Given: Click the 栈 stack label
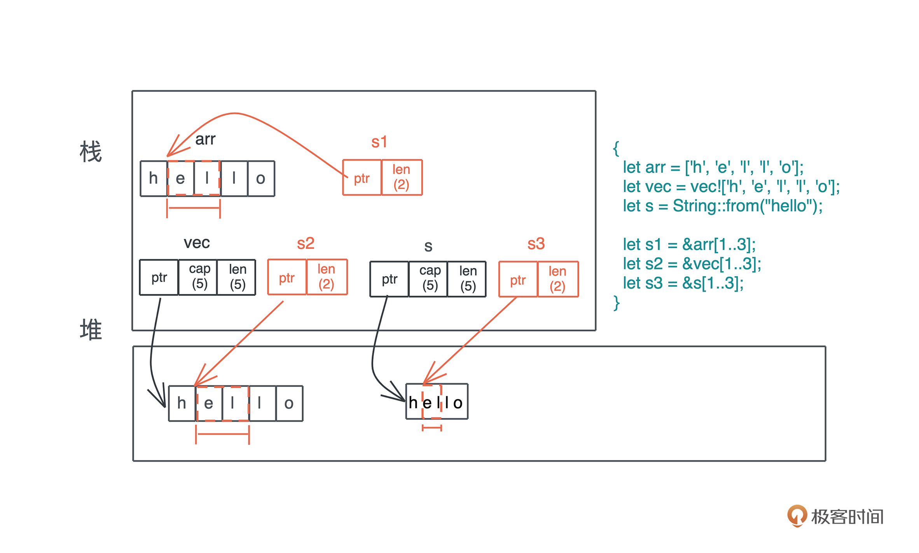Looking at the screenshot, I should (x=91, y=152).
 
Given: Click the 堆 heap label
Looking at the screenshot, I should (x=91, y=330).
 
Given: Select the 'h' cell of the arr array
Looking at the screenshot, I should (x=154, y=178).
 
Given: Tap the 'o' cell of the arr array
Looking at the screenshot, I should (x=261, y=178).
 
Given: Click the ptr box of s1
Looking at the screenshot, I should (x=362, y=178).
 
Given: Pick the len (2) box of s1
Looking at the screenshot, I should (x=402, y=177).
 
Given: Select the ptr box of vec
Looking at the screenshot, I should (x=159, y=277).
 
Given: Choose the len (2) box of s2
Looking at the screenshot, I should (x=327, y=277).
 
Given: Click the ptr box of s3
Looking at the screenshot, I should (x=518, y=280).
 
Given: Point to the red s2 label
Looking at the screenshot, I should (x=306, y=243).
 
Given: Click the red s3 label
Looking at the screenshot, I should (x=536, y=244).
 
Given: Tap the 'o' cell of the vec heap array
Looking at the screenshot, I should (x=289, y=403).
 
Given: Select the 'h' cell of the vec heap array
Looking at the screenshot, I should (x=182, y=403).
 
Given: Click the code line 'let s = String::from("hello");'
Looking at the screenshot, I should (x=723, y=206).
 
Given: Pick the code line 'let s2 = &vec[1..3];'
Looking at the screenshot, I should (x=692, y=264).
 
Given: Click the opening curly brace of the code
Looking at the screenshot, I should (x=616, y=149).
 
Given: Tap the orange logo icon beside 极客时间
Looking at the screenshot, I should (x=797, y=516).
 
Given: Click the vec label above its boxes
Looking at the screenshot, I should (x=197, y=243).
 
